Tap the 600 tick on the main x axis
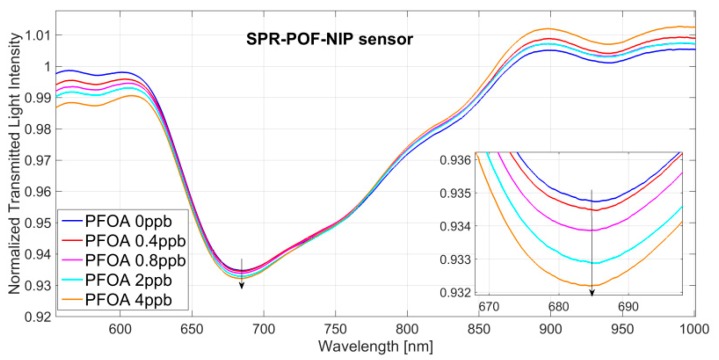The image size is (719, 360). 120,329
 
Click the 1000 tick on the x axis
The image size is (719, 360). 692,329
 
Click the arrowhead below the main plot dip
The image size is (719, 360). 241,286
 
